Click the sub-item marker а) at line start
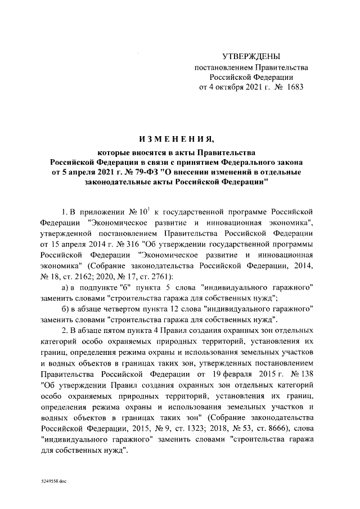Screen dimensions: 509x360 point(65,287)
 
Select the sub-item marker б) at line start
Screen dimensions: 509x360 point(65,309)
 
